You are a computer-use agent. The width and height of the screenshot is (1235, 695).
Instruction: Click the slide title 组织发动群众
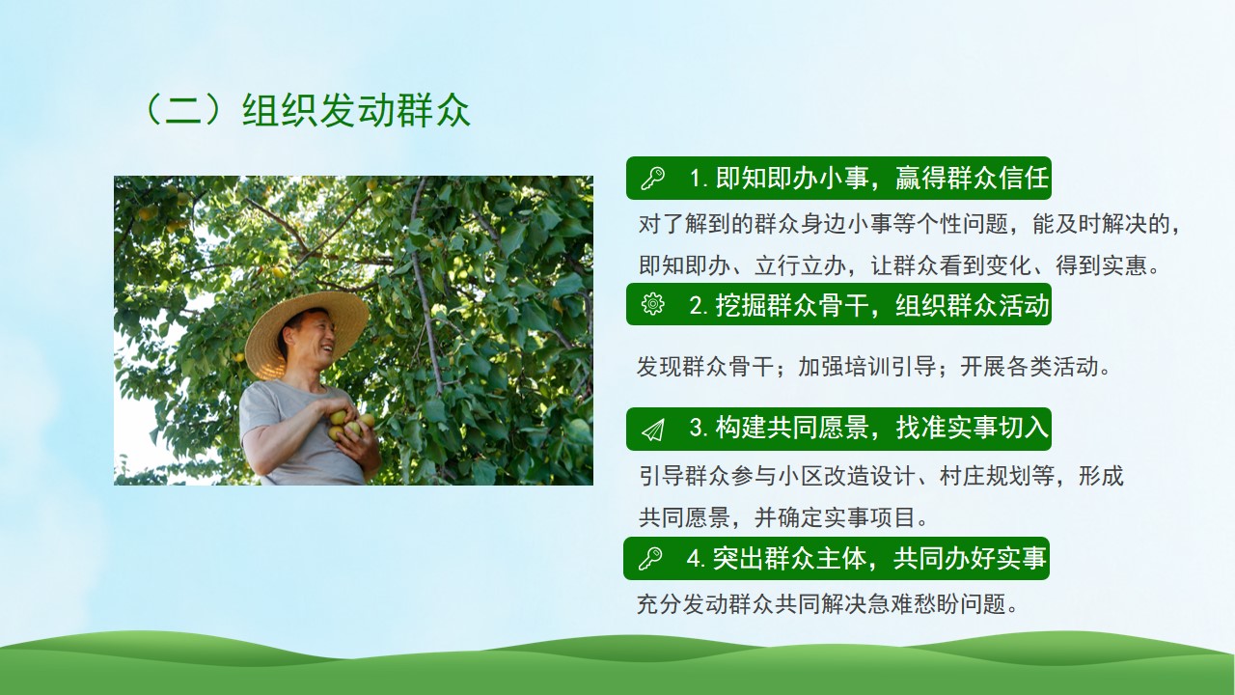click(356, 110)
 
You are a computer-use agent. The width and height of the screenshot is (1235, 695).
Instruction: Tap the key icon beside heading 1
click(653, 179)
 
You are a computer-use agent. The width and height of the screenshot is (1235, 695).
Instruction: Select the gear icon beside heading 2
click(653, 304)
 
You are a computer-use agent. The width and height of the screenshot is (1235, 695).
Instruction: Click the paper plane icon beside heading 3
click(653, 430)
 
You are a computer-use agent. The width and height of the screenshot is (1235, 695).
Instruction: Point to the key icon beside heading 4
click(650, 558)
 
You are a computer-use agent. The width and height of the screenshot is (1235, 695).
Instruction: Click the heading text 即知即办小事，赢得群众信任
click(882, 179)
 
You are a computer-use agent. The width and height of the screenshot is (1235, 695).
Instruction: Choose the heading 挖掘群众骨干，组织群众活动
click(882, 304)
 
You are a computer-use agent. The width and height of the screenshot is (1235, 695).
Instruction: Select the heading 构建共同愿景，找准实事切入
click(882, 428)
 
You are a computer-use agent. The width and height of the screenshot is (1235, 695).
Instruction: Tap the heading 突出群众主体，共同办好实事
click(879, 558)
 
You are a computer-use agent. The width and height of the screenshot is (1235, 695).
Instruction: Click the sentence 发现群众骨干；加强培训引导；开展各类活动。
click(874, 366)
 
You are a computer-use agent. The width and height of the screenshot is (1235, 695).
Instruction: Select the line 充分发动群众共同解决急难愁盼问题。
click(827, 604)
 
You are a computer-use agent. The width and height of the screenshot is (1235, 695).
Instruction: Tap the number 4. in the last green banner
click(696, 559)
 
